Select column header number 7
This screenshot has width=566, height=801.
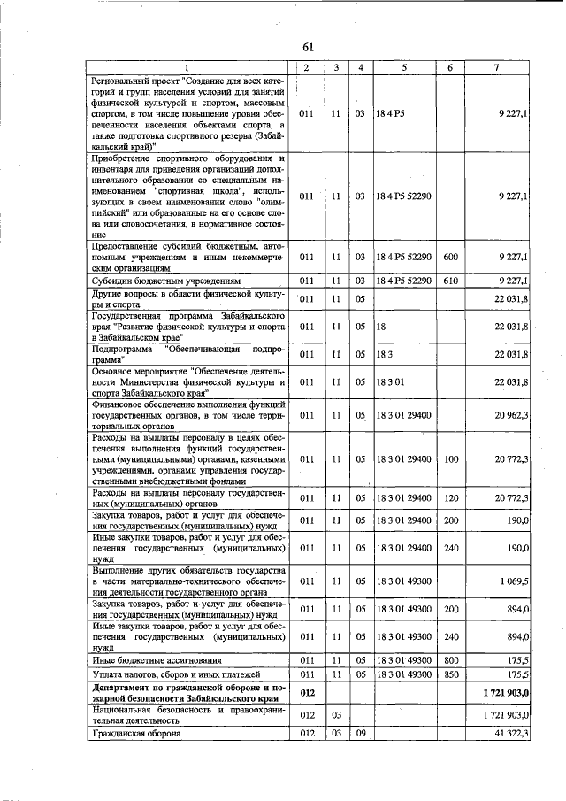501,68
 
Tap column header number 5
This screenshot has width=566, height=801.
403,68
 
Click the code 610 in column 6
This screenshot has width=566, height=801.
450,281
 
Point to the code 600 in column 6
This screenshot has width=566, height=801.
450,257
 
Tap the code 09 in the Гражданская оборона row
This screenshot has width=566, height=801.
361,734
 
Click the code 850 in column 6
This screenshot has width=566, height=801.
450,674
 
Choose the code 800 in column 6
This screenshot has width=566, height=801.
450,660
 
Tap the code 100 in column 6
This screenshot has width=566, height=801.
450,459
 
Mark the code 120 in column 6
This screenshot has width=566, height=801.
450,499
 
